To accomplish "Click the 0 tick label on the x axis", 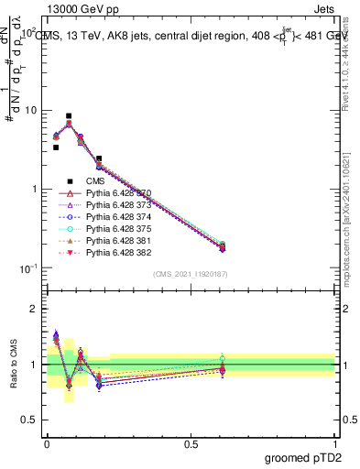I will coord(47,442).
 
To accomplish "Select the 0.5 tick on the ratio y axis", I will coord(30,420).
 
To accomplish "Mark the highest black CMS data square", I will coord(69,116).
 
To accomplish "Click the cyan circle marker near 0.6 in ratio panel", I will coord(221,358).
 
